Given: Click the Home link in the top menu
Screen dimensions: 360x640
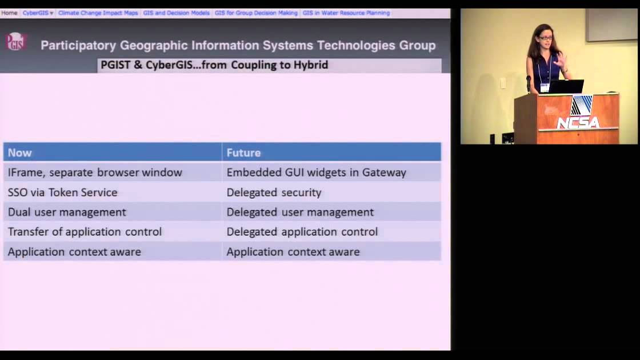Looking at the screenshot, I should point(9,13).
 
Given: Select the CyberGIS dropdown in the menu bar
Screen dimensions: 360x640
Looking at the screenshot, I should point(38,13).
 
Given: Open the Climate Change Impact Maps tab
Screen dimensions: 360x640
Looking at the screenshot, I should point(98,13).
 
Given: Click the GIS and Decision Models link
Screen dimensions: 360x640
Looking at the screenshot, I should point(176,13).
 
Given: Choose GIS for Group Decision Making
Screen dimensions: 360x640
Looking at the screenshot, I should point(256,13).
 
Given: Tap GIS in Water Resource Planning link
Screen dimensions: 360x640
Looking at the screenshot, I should point(346,13).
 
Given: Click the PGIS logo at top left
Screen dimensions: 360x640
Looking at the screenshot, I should point(15,42).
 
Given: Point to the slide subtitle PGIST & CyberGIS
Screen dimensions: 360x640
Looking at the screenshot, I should point(214,65).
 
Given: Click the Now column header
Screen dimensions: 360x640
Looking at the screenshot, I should point(20,153).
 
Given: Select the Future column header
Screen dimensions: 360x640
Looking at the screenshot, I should point(243,153).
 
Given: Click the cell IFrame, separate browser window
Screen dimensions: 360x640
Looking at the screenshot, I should point(95,172).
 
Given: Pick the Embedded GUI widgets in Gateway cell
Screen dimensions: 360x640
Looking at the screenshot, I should point(316,172).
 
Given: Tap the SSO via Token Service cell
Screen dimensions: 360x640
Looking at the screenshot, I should point(63,193).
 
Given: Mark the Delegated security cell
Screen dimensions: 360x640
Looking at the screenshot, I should point(274,193).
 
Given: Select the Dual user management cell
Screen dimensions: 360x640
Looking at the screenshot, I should point(67,212).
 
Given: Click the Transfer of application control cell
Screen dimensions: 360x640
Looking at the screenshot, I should point(85,231).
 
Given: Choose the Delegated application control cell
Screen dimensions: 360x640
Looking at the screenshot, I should point(302,231).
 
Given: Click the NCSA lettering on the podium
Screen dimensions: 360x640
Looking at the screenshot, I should point(578,122).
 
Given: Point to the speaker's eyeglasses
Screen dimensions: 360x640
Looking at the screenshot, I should point(545,38).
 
